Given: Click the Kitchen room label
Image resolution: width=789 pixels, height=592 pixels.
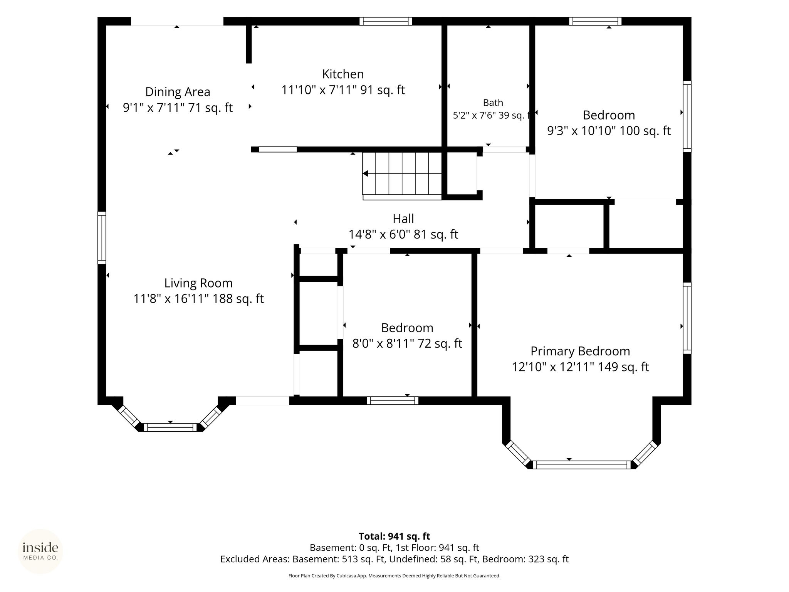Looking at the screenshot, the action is pos(343,74).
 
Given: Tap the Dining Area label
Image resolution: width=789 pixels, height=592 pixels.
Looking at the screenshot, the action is pos(178,92).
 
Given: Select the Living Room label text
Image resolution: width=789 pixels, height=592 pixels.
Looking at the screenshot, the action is pos(198,283).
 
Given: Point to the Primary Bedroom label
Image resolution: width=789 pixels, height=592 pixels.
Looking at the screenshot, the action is pos(580,351).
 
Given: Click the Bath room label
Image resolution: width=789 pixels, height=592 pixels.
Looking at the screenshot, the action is pos(493,103).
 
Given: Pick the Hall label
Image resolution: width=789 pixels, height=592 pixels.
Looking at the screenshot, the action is pos(403,219).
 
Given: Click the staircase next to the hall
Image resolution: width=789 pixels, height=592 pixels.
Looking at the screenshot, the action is pos(402,176).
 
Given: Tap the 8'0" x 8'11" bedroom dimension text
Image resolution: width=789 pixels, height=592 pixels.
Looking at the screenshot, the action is pos(407,343).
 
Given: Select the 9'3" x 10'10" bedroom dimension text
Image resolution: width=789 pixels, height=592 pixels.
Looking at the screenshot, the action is pos(609,131).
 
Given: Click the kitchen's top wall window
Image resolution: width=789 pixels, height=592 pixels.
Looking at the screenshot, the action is pos(386,21).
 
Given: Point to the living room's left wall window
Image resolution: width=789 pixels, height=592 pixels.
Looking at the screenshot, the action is pos(102,238).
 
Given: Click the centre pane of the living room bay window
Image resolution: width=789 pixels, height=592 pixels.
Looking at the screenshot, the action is pos(170,427).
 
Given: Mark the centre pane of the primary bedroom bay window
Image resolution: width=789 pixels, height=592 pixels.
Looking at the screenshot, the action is pos(582,464).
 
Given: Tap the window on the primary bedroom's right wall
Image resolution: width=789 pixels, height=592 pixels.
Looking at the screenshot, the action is pos(687,318).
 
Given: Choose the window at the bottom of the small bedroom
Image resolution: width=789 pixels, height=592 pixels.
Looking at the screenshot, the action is pos(393,400).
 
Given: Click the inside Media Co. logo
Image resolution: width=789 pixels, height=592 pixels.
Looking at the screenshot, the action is pos(40,551).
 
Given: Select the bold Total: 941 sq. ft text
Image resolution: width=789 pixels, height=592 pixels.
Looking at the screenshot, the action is pos(394,536).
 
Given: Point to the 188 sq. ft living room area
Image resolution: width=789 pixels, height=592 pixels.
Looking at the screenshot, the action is pos(241,299).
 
